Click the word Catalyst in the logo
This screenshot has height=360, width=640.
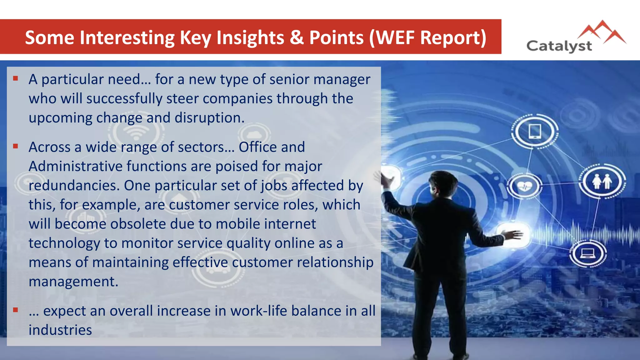(559, 46)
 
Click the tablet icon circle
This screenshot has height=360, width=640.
(535, 131)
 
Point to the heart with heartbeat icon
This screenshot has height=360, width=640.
(524, 186)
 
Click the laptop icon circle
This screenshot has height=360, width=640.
(587, 253)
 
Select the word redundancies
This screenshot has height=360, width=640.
(74, 186)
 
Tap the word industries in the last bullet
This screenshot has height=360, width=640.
(60, 330)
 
